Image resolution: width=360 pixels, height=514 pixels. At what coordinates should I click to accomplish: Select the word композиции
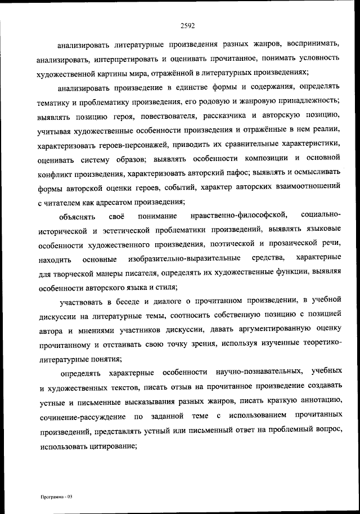point(259,158)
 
